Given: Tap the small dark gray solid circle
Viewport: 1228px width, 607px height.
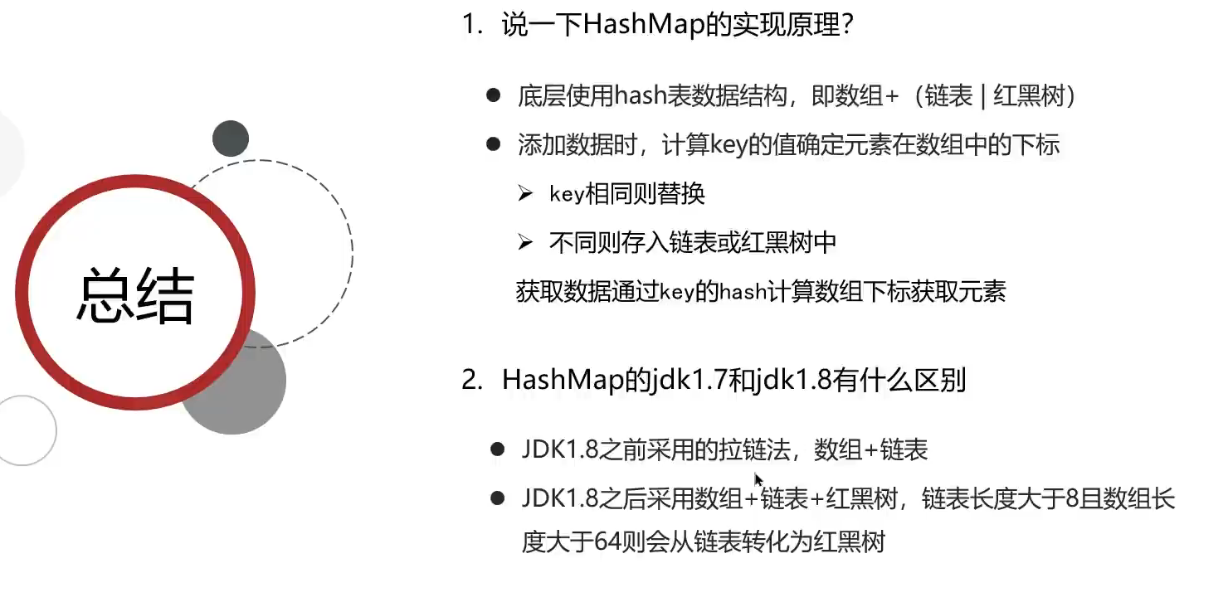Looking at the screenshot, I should [231, 138].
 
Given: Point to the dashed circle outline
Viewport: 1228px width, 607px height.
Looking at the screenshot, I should [352, 249].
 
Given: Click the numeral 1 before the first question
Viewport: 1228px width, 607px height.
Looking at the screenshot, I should [470, 25].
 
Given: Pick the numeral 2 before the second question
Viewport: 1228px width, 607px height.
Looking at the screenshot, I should [470, 381].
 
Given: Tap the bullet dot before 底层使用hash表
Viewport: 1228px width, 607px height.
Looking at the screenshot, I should [494, 96].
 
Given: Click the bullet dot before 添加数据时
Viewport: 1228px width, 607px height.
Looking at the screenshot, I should [494, 145].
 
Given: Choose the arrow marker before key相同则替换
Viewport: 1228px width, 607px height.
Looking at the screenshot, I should [524, 194].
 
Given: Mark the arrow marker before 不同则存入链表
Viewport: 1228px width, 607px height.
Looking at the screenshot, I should [524, 242].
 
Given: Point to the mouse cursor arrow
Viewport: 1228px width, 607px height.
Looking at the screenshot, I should [758, 478].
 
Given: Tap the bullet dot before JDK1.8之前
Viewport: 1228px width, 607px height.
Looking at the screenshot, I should [498, 449].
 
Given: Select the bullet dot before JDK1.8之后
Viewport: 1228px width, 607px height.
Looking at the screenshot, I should [498, 498].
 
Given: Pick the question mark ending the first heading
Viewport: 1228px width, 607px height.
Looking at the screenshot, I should [847, 25].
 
